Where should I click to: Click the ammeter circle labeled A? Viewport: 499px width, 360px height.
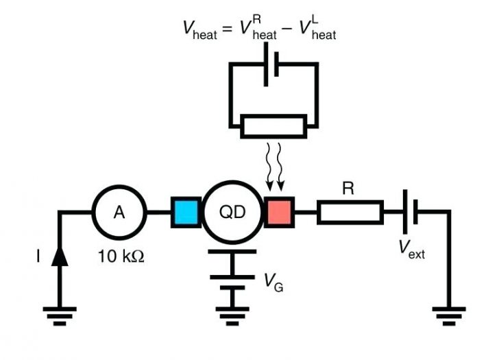(119, 213)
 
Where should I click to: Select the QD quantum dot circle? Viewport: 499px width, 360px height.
(232, 213)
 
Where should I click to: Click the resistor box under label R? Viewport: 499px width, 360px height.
(350, 213)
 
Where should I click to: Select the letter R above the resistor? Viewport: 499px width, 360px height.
(348, 188)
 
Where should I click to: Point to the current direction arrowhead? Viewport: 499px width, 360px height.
(60, 256)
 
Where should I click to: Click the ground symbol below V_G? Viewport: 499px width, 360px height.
(232, 315)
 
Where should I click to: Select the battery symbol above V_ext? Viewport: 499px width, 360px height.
(409, 213)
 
